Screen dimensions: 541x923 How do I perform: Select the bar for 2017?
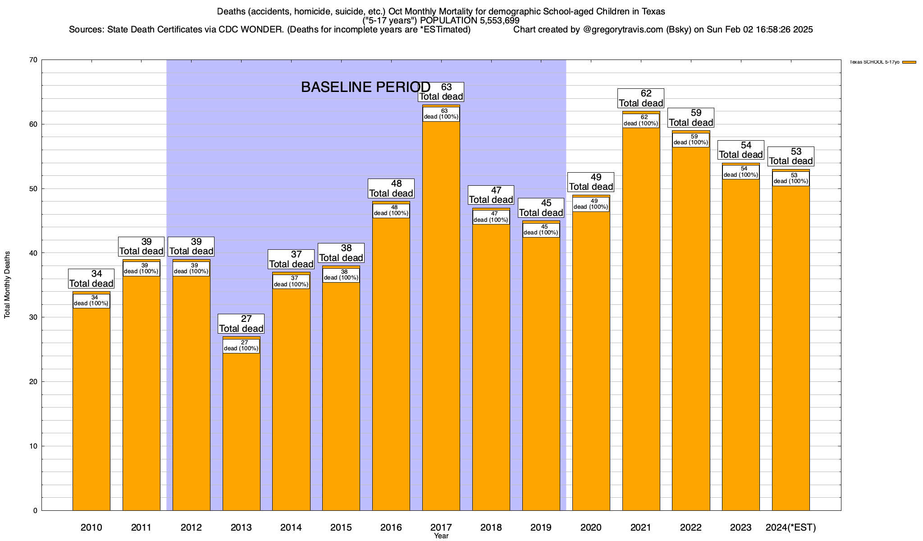pos(441,316)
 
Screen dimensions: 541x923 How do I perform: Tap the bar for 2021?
pos(641,316)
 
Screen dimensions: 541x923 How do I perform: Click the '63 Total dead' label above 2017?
pos(441,92)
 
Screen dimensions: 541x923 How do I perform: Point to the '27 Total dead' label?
pos(241,324)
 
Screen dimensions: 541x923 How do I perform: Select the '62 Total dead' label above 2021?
pos(641,98)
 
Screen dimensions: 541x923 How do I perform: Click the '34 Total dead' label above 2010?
pos(91,279)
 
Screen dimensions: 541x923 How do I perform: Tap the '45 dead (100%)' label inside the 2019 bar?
pos(541,230)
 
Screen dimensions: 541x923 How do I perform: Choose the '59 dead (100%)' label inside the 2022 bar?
pos(690,140)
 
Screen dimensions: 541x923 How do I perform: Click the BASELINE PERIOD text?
pos(366,87)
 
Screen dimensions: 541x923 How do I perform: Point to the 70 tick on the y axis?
pos(33,60)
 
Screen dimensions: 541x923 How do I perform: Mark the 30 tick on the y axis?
pos(33,317)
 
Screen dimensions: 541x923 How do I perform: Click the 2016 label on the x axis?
pos(391,527)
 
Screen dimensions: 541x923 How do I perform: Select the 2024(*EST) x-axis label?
pos(791,527)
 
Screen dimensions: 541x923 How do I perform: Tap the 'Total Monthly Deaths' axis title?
pos(7,285)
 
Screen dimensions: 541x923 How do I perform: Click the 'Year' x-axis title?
pos(441,536)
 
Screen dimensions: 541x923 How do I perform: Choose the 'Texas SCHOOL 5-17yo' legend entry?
pos(874,62)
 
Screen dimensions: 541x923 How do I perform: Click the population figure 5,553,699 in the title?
pos(493,21)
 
